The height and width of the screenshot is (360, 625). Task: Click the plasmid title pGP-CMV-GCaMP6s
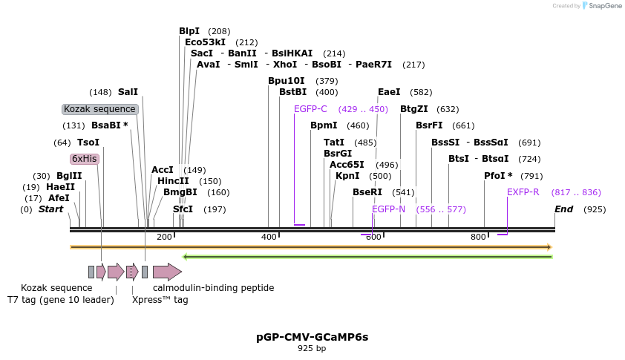coord(312,336)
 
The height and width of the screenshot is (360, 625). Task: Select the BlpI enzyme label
coord(189,30)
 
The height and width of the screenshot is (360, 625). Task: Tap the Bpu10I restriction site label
coord(287,80)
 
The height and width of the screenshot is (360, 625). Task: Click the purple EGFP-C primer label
coord(310,108)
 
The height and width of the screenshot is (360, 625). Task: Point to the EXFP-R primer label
coord(523,192)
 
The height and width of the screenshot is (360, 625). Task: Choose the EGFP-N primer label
coord(389,209)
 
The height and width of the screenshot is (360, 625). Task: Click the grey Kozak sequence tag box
coord(99,109)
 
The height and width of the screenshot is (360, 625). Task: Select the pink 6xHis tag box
coord(84,158)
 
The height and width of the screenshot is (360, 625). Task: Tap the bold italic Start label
coord(51,209)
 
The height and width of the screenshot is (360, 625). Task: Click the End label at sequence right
coord(564,209)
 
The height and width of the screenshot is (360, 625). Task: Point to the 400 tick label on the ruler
coord(269,236)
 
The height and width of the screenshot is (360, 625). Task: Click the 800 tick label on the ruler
coord(479,236)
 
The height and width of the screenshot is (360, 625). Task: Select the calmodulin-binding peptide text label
coord(214,287)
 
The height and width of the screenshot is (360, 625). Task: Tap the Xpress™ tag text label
coord(160,300)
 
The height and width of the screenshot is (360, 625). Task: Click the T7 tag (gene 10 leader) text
coord(61,300)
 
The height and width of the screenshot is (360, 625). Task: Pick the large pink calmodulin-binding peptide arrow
coord(167,272)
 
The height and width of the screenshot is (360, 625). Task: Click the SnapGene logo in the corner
coord(602,6)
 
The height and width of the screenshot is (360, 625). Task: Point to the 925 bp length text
coord(312,348)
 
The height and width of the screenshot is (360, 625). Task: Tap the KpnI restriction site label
coord(347,176)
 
